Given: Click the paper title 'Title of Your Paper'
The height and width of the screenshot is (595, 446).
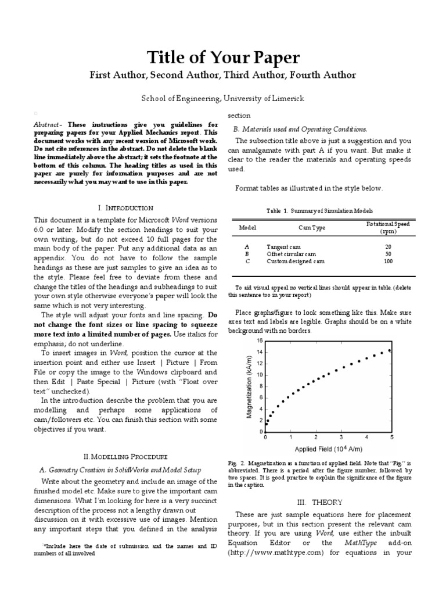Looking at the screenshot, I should coord(223,57).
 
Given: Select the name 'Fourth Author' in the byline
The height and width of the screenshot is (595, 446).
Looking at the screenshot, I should coord(325,75).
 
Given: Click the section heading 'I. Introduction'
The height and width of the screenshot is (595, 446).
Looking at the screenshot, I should coord(125,207).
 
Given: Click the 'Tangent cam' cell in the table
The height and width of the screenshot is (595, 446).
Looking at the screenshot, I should coord(283,246).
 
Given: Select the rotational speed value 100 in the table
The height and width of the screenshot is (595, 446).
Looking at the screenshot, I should coord(388,261).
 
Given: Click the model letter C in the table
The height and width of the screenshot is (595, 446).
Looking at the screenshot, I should coord(247,261).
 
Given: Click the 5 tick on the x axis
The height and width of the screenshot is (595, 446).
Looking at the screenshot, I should coord(392,437).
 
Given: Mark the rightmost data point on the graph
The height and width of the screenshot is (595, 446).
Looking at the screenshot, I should coord(389,350).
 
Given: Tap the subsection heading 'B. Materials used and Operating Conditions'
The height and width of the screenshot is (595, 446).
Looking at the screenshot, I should coord(300,129).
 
